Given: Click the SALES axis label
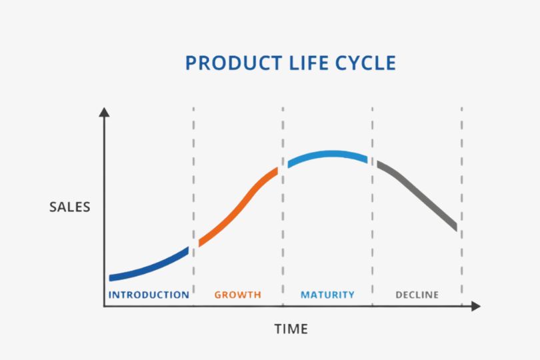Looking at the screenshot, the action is tap(69, 207).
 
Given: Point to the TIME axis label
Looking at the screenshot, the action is tap(291, 329).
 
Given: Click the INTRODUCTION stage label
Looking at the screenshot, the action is tap(149, 295).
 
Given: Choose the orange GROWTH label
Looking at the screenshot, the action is tap(238, 295).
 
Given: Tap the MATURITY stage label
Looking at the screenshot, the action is tap(327, 295).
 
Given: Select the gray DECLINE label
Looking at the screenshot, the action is tap(417, 295).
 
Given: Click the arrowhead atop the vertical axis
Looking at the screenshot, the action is tap(105, 112).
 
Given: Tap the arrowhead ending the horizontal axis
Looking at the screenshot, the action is tap(475, 306).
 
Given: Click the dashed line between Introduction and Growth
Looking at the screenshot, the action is tap(193, 206).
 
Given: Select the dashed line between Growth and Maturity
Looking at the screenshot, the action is tap(283, 206).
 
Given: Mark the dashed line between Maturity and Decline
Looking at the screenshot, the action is tap(372, 206).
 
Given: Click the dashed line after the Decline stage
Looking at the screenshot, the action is tap(462, 206).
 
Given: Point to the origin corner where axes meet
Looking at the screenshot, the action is tap(105, 306).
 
